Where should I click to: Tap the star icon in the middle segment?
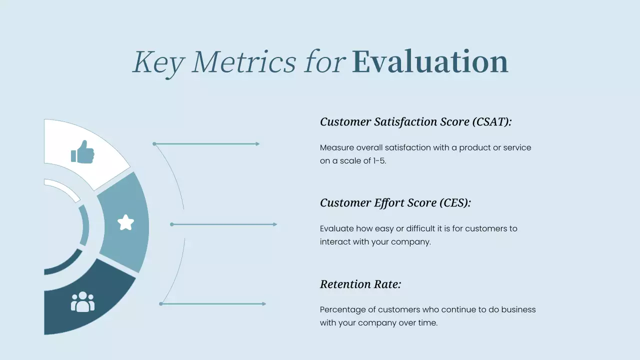[x=125, y=222]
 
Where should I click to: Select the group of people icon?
[x=82, y=302]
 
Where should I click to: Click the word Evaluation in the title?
[x=429, y=62]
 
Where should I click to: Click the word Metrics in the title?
[x=243, y=62]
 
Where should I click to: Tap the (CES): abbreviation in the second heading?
[x=455, y=203]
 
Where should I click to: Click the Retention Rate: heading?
[x=360, y=284]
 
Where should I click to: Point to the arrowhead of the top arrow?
[x=257, y=144]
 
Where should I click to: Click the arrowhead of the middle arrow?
[x=275, y=224]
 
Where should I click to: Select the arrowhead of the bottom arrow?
[x=263, y=304]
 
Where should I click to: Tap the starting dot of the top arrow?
[x=154, y=144]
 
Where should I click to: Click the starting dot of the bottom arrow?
[x=161, y=304]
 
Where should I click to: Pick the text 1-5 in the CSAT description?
[x=379, y=161]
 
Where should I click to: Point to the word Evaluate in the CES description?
[x=336, y=228]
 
